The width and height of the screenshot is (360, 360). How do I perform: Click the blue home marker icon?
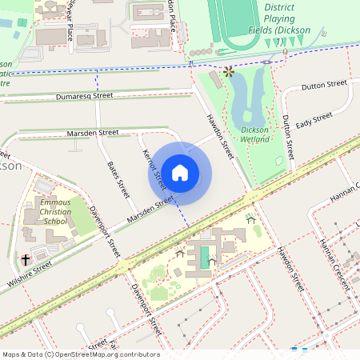pyautogui.click(x=180, y=173)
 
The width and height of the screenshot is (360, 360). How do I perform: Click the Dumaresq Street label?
pyautogui.click(x=85, y=96)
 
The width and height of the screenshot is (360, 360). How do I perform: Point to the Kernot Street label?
pyautogui.click(x=153, y=167)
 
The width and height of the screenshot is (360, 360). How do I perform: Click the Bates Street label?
pyautogui.click(x=118, y=179)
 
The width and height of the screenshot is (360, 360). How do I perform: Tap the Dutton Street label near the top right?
pyautogui.click(x=324, y=84)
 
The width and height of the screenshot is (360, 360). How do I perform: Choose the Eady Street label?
pyautogui.click(x=314, y=121)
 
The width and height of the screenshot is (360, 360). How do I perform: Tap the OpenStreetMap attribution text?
pyautogui.click(x=82, y=354)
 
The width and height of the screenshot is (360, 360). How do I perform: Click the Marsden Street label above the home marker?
pyautogui.click(x=92, y=132)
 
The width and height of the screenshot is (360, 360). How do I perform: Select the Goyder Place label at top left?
pyautogui.click(x=70, y=20)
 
